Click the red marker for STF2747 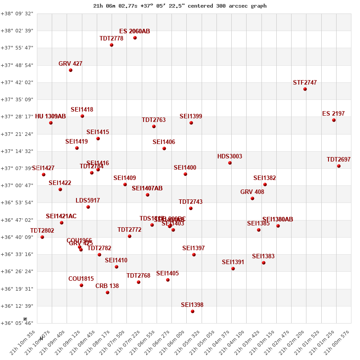[305, 89]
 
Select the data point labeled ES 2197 [334, 120]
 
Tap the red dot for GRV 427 [71, 70]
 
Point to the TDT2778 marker [112, 45]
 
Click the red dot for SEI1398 [193, 311]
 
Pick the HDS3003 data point [230, 163]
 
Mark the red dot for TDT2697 [339, 166]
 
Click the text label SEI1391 [233, 262]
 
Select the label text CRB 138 [107, 286]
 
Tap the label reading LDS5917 [88, 200]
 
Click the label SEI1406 [164, 142]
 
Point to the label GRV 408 [252, 192]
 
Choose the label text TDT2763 [153, 120]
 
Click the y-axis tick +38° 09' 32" [17, 13]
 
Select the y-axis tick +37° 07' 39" [17, 168]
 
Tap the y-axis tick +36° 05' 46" [17, 323]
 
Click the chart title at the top [180, 6]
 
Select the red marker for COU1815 [81, 285]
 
